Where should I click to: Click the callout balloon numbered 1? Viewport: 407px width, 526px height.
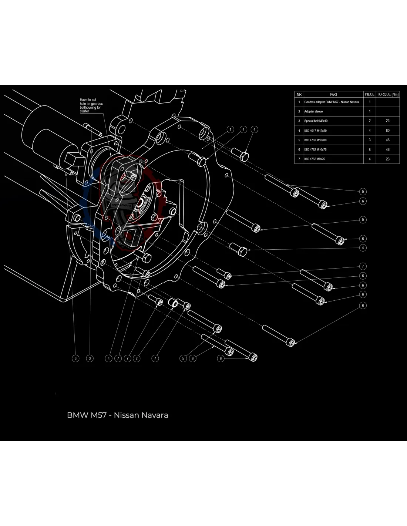coord(231,129)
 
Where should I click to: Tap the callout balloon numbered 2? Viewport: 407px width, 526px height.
coord(137,358)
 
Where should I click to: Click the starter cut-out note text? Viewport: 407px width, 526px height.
coord(91,105)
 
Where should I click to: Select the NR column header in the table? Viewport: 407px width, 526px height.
coord(299,94)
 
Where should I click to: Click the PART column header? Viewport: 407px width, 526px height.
coord(333,94)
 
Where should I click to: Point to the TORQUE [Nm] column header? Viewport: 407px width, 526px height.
coord(388,94)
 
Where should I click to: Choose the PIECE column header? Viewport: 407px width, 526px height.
coord(369,94)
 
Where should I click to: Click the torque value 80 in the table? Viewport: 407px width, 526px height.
coord(388,131)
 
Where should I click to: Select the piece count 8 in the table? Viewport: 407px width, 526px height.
coord(369,149)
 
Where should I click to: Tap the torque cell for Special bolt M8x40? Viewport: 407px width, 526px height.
coord(388,121)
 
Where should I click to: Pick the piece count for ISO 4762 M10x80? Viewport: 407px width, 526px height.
coord(369,140)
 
